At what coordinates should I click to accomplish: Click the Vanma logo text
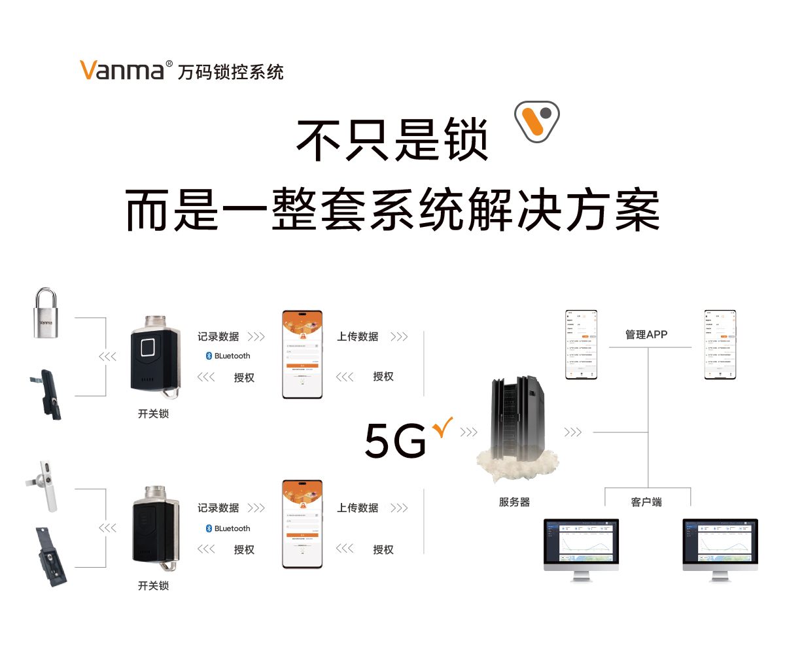click(122, 69)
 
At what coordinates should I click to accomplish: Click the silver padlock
click(46, 315)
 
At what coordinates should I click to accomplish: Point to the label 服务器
click(514, 502)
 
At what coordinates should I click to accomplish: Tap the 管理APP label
click(646, 334)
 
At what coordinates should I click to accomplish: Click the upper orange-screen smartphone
click(302, 354)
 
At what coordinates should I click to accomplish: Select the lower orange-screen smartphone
click(302, 525)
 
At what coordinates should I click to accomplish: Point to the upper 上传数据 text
click(358, 337)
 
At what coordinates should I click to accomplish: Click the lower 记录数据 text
click(218, 508)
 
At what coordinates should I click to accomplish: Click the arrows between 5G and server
click(468, 432)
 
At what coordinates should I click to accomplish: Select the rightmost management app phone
click(720, 344)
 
